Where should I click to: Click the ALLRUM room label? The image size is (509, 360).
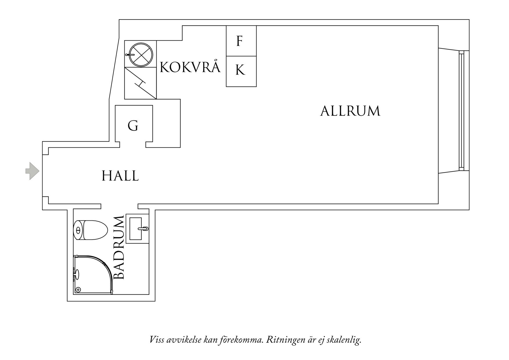click(x=350, y=111)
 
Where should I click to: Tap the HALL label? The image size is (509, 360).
click(x=120, y=176)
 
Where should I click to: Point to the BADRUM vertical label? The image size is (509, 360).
click(x=119, y=247)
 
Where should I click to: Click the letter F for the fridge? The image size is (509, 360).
click(x=239, y=41)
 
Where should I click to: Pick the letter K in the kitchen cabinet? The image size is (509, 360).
click(x=240, y=70)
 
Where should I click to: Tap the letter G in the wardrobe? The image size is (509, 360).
click(x=133, y=126)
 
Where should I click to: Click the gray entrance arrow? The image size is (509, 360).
click(x=32, y=171)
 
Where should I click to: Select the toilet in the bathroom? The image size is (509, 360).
click(x=90, y=230)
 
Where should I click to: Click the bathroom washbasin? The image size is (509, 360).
click(x=137, y=229)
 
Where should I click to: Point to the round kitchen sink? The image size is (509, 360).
click(x=141, y=54)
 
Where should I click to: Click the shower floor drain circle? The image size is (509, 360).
click(x=78, y=290)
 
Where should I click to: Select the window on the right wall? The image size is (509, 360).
click(x=461, y=111)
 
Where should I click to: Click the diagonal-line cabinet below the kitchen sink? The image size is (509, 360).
click(x=140, y=83)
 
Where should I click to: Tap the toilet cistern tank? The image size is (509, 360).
click(x=79, y=230)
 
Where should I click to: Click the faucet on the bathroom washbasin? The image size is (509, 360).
click(x=143, y=229)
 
